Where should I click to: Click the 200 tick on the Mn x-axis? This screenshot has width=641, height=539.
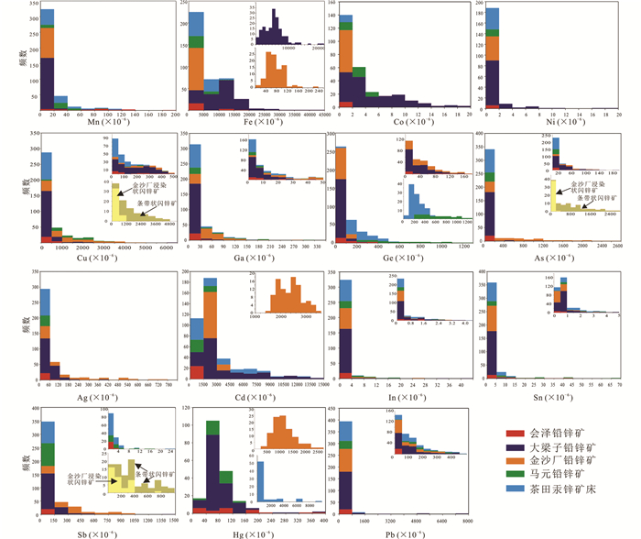[x=174, y=114]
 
